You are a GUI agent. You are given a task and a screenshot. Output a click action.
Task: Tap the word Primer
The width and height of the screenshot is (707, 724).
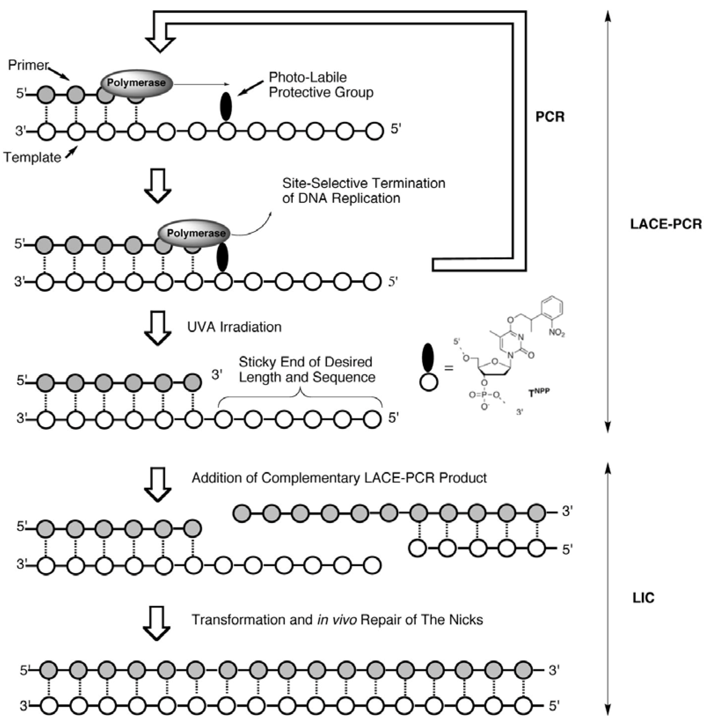pyautogui.click(x=28, y=65)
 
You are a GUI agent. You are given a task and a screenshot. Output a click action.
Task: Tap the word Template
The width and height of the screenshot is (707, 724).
pyautogui.click(x=32, y=157)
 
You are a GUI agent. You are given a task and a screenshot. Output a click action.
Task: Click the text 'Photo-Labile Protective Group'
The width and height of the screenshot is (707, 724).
pyautogui.click(x=321, y=85)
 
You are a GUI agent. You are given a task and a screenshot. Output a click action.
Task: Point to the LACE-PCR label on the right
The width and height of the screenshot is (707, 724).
pyautogui.click(x=666, y=224)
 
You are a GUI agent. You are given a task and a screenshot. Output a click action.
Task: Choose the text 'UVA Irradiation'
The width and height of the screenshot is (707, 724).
pyautogui.click(x=234, y=327)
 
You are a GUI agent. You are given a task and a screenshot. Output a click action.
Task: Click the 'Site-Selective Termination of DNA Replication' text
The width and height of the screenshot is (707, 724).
pyautogui.click(x=363, y=191)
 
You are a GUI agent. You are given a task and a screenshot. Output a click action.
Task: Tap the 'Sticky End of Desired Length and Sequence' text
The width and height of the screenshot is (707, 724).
pyautogui.click(x=307, y=369)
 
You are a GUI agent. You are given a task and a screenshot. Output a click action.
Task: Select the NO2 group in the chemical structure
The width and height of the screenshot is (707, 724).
pyautogui.click(x=557, y=333)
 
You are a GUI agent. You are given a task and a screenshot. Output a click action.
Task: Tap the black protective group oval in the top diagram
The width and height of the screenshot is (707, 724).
pyautogui.click(x=226, y=106)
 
